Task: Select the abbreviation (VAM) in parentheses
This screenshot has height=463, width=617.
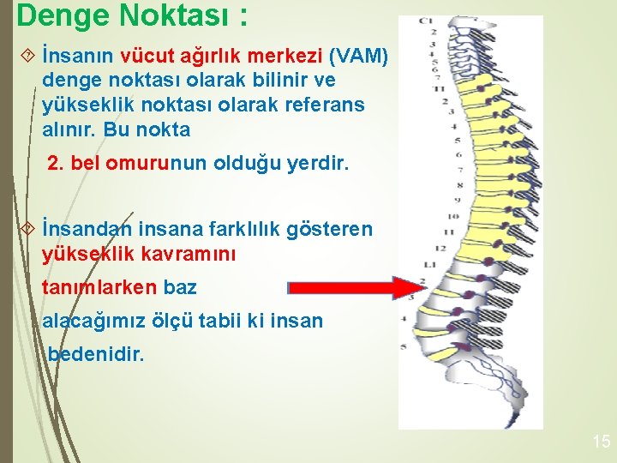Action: (359, 57)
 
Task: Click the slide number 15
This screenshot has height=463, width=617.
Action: (601, 442)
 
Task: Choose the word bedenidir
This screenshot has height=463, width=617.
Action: (97, 352)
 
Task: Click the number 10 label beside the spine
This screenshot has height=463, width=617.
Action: (453, 216)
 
